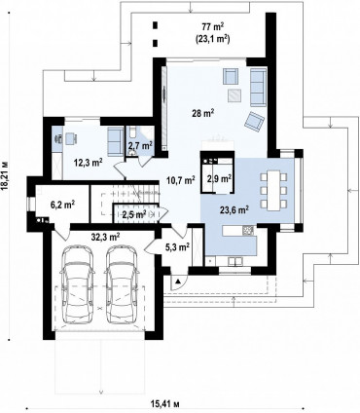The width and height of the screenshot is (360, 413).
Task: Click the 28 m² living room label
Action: [204, 113]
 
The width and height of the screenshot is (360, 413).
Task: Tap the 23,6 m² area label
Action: [234, 210]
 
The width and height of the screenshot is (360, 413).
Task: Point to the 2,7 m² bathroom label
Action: [140, 146]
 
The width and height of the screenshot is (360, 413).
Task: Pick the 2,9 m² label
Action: [219, 178]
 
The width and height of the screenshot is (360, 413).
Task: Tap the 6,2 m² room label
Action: [63, 205]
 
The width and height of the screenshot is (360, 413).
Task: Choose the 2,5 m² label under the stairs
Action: [134, 214]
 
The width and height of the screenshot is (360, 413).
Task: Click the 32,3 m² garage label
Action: [106, 237]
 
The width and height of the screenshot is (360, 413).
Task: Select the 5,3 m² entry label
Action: [177, 247]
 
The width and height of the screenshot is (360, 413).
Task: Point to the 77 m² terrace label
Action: [213, 26]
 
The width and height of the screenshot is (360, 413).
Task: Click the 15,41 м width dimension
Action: [165, 404]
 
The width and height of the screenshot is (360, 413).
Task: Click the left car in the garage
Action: [79, 284]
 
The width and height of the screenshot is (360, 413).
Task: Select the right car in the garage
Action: [123, 284]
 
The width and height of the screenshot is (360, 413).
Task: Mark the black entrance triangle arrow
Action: [177, 282]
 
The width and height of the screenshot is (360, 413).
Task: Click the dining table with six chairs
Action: [273, 190]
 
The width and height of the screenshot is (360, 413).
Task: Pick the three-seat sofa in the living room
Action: [258, 86]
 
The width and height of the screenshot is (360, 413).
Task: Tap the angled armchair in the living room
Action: [254, 122]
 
